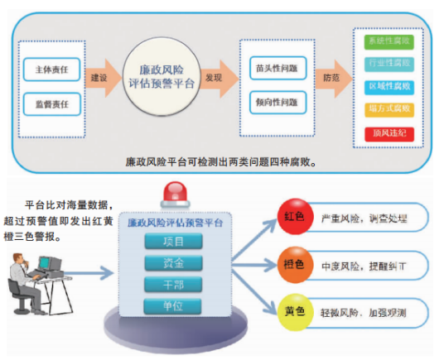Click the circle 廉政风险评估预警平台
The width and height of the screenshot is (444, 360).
tap(162, 79)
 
